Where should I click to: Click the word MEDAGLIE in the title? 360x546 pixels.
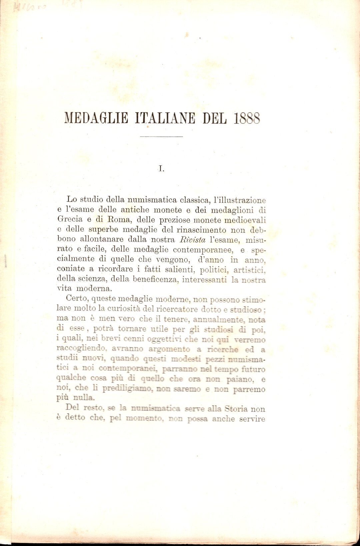pyautogui.click(x=96, y=118)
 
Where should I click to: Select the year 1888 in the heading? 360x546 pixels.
pyautogui.click(x=247, y=118)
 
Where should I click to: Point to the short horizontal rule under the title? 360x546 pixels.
pyautogui.click(x=161, y=137)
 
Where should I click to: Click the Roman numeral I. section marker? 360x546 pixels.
pyautogui.click(x=161, y=169)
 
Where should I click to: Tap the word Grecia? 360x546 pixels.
pyautogui.click(x=70, y=219)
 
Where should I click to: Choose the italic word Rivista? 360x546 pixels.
pyautogui.click(x=193, y=240)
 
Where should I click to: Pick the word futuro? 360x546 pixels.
pyautogui.click(x=253, y=369)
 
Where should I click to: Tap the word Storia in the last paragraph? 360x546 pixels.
pyautogui.click(x=236, y=409)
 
